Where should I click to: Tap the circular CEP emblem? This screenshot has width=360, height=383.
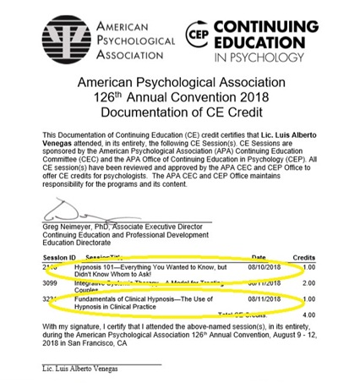(197, 35)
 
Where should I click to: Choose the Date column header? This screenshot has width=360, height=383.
(259, 257)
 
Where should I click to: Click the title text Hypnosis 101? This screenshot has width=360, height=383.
(98, 267)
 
